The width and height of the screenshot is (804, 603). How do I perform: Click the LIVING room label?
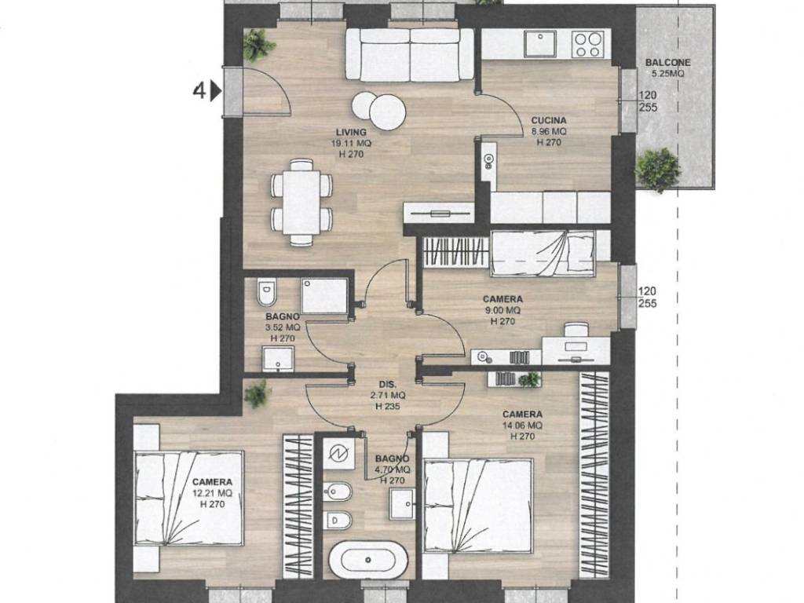pyautogui.click(x=351, y=132)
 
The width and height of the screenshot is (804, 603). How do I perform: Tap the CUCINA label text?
pyautogui.click(x=549, y=120)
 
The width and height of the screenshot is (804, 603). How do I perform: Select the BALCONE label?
pyautogui.click(x=667, y=63)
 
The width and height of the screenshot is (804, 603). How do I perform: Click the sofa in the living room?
pyautogui.click(x=410, y=54)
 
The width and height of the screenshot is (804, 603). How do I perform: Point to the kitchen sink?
pyautogui.click(x=539, y=43)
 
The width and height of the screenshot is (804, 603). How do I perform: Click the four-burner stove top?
pyautogui.click(x=588, y=44)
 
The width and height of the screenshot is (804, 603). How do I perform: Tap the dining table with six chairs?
pyautogui.click(x=301, y=202)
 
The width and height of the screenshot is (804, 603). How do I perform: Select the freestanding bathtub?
pyautogui.click(x=368, y=560)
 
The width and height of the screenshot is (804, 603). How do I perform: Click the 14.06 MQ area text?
pyautogui.click(x=522, y=425)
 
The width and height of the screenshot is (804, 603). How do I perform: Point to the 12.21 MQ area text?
pyautogui.click(x=212, y=493)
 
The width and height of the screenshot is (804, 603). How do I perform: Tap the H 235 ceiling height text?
pyautogui.click(x=388, y=407)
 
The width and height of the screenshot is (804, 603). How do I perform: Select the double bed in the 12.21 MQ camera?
pyautogui.click(x=188, y=499)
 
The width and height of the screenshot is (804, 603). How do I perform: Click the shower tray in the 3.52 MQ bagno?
pyautogui.click(x=324, y=295)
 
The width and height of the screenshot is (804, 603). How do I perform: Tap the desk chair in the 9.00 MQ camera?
pyautogui.click(x=576, y=330)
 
